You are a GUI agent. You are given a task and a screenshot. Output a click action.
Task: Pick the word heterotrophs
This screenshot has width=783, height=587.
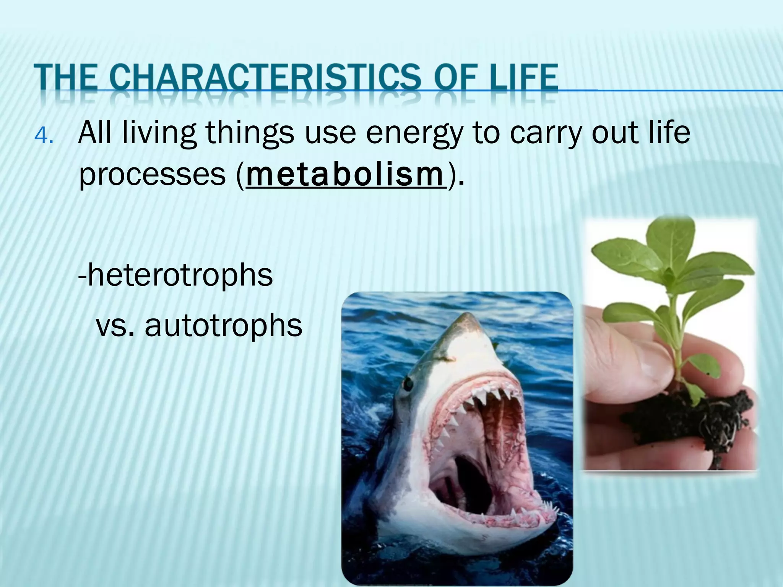click(175, 275)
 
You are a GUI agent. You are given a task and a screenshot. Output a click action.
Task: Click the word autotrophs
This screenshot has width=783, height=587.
click(223, 326)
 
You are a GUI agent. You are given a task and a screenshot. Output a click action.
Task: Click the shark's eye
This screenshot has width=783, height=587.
click(408, 383)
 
